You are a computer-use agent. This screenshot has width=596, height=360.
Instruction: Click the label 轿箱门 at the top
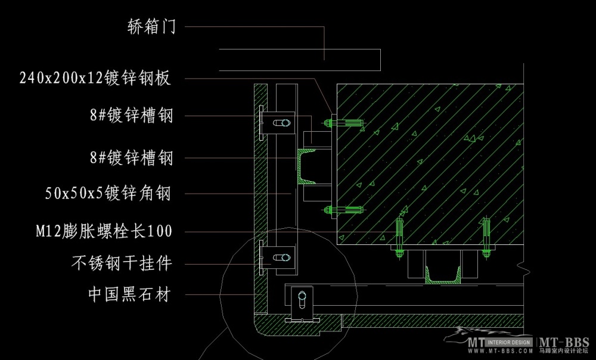click(x=151, y=26)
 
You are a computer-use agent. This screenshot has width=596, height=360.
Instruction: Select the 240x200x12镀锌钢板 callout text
click(x=95, y=78)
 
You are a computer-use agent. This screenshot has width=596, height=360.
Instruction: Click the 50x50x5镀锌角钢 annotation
click(x=109, y=193)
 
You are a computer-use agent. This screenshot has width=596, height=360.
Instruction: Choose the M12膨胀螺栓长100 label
click(x=104, y=231)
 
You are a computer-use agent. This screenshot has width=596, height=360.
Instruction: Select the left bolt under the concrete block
click(x=399, y=237)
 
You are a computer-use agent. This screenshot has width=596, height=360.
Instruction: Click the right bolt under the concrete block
click(x=487, y=237)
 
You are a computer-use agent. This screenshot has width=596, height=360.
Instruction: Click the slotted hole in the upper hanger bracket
click(x=280, y=123)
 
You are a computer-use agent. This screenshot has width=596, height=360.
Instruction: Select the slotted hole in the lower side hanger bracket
click(x=280, y=257)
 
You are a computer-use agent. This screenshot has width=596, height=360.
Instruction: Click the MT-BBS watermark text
click(x=565, y=343)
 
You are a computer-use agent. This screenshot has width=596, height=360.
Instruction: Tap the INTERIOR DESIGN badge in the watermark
click(x=510, y=343)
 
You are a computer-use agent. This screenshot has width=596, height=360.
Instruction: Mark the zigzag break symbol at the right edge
click(x=523, y=268)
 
